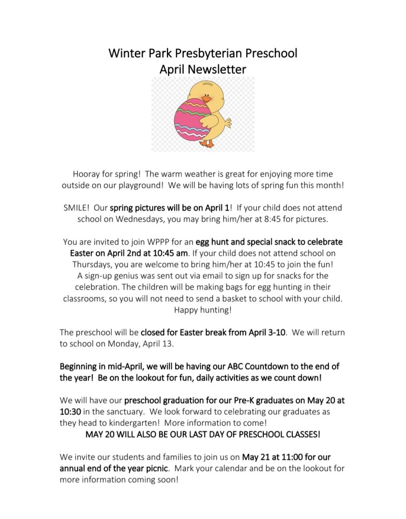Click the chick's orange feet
tap(207, 143)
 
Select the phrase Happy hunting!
tap(202, 309)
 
